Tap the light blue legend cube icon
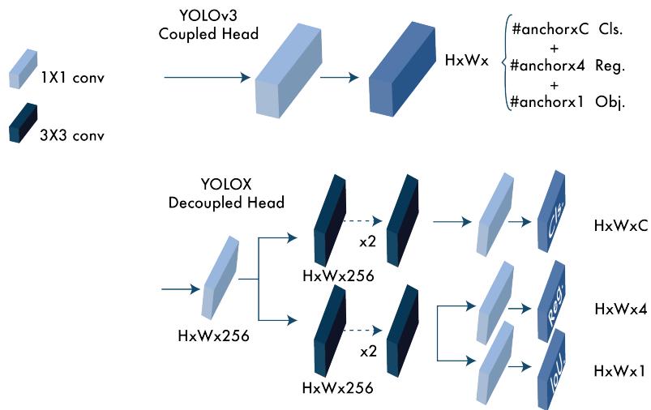coord(23,68)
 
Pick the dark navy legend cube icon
coord(23,123)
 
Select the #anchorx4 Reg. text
coord(567,66)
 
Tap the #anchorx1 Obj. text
coord(567,103)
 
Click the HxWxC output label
coord(620,226)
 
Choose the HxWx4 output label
coord(620,309)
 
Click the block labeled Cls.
coord(553,211)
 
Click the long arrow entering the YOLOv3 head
coord(207,78)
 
